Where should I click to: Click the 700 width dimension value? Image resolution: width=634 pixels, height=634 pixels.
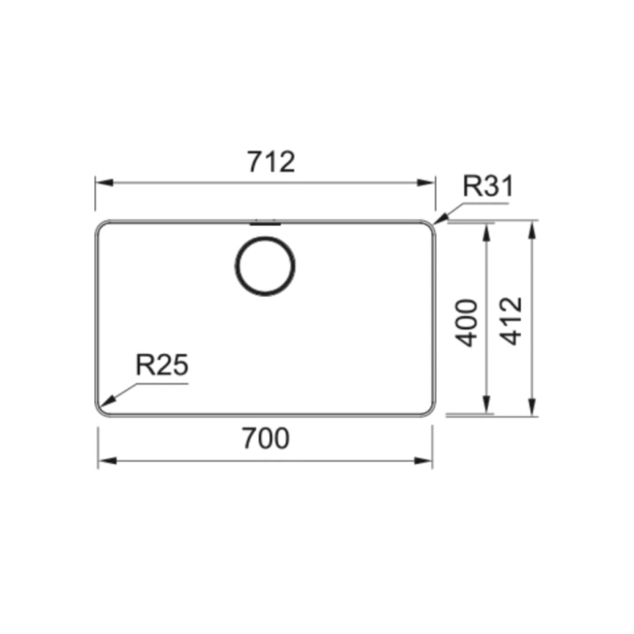(x=265, y=439)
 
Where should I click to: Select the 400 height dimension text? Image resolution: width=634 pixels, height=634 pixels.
(x=468, y=322)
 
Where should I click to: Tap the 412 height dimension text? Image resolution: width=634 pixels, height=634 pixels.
(x=512, y=321)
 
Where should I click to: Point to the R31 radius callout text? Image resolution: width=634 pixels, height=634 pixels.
(x=487, y=186)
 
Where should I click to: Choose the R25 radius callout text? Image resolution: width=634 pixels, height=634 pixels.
(x=161, y=365)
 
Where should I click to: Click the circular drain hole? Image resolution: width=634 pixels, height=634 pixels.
(x=265, y=265)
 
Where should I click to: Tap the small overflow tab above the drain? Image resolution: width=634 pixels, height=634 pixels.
(x=265, y=223)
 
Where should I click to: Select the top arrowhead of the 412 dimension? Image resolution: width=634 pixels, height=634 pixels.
(x=532, y=230)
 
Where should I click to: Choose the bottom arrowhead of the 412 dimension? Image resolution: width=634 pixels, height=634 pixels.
(x=532, y=407)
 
